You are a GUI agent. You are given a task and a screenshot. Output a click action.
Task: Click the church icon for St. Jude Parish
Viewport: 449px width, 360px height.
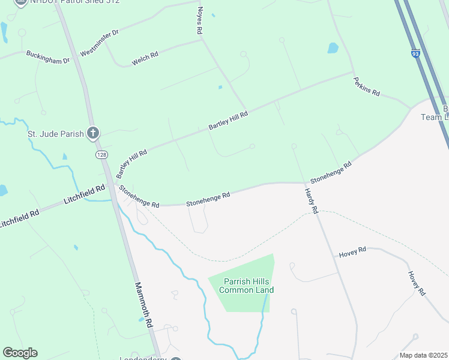pyautogui.click(x=93, y=133)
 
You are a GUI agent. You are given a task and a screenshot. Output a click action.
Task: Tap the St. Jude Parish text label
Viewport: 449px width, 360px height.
pyautogui.click(x=56, y=133)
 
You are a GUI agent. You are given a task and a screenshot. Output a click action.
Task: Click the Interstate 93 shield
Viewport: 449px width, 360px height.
pyautogui.click(x=416, y=54)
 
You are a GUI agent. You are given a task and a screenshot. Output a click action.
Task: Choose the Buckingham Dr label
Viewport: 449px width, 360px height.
pyautogui.click(x=48, y=57)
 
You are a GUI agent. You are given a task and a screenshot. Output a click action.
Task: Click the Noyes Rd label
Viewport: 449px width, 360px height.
pyautogui.click(x=200, y=20)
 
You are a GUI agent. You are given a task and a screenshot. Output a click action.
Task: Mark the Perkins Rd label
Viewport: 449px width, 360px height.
pyautogui.click(x=366, y=86)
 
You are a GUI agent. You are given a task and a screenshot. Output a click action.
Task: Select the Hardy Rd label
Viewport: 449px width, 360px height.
pyautogui.click(x=310, y=201)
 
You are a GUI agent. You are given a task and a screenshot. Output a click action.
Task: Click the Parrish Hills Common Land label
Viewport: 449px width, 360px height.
pyautogui.click(x=246, y=286)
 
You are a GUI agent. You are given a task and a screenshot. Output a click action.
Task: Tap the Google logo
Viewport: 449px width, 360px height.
pyautogui.click(x=20, y=353)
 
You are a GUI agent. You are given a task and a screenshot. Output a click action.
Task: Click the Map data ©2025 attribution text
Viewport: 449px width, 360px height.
pyautogui.click(x=424, y=355)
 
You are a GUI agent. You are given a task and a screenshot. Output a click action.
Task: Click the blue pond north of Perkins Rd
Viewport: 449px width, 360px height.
pyautogui.click(x=333, y=48)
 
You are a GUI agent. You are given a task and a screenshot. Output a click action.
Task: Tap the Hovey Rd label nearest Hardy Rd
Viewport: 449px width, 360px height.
pyautogui.click(x=352, y=252)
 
